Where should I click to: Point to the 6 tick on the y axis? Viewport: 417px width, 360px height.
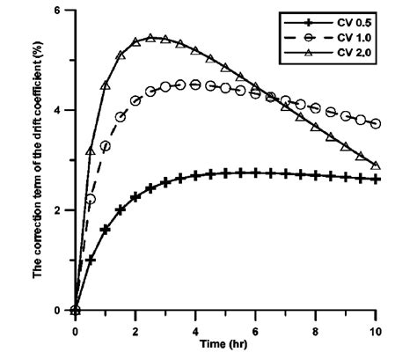click(x=62, y=11)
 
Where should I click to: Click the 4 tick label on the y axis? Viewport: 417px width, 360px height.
click(x=62, y=110)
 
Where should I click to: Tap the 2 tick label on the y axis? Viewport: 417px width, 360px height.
click(x=62, y=210)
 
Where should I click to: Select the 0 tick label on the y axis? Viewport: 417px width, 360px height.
click(x=62, y=310)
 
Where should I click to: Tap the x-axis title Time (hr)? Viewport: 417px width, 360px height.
click(x=226, y=341)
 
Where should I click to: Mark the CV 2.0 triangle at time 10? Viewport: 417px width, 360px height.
click(x=377, y=165)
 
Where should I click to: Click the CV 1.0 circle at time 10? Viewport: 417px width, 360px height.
click(x=377, y=124)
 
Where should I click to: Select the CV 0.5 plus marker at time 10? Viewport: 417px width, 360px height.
click(x=377, y=179)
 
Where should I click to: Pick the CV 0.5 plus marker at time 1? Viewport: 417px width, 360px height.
click(x=106, y=229)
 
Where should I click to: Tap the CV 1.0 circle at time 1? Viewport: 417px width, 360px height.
click(x=106, y=145)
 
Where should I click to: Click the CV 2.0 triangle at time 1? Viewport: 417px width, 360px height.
click(x=106, y=86)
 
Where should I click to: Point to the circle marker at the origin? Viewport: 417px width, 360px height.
click(x=76, y=309)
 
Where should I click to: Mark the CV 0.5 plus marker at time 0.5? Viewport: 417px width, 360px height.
click(x=91, y=260)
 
